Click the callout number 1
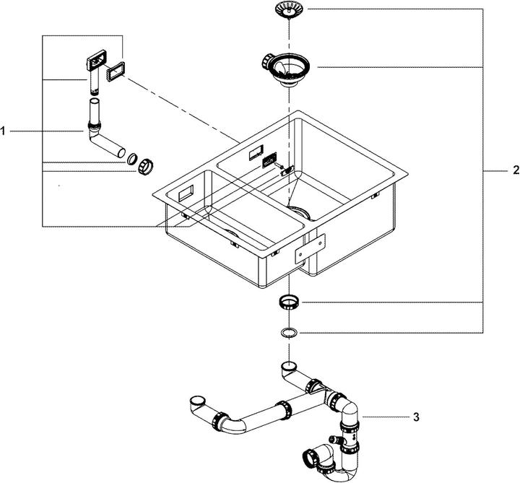pyautogui.click(x=4, y=131)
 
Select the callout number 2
pyautogui.click(x=515, y=170)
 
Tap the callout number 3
pyautogui.click(x=417, y=417)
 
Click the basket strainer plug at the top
pyautogui.click(x=289, y=10)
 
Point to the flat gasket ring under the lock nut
pyautogui.click(x=289, y=333)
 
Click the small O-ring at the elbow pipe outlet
pyautogui.click(x=132, y=158)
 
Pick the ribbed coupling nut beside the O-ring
pyautogui.click(x=147, y=165)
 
